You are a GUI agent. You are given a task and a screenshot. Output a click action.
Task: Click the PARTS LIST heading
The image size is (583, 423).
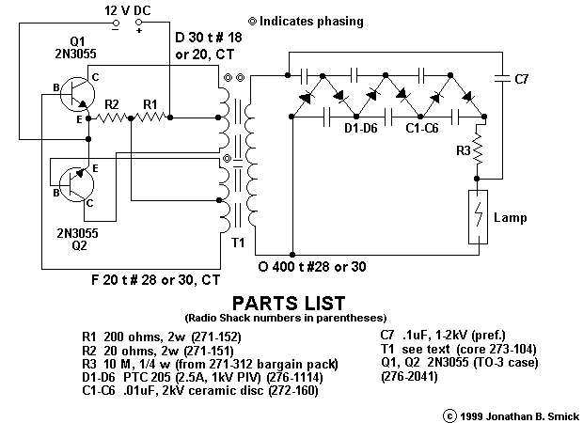[291, 303]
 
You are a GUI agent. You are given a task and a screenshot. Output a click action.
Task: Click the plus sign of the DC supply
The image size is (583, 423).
[140, 27]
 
